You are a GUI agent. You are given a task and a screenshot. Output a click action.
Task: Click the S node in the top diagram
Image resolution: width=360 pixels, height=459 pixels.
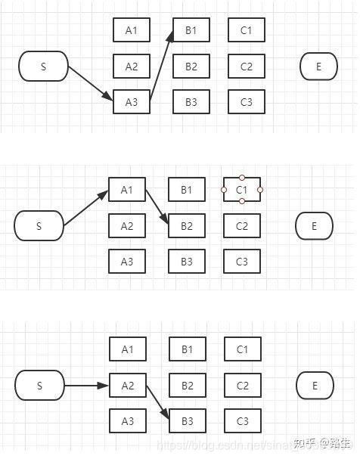point(43,67)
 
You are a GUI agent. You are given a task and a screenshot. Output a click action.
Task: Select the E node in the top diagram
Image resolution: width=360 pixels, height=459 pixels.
point(318,67)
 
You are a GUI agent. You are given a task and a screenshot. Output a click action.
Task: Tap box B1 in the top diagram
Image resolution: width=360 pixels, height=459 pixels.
point(191,30)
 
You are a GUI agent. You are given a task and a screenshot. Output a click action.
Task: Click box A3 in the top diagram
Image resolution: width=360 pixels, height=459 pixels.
point(132,102)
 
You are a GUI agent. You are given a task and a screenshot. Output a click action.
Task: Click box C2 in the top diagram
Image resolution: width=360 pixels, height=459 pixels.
point(246,67)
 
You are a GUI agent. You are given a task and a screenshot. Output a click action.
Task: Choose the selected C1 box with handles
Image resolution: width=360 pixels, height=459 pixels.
point(242,189)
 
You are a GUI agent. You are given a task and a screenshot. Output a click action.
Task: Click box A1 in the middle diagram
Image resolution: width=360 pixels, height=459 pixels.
point(127,189)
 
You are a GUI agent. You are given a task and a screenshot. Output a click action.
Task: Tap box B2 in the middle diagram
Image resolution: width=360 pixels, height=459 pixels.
point(187,225)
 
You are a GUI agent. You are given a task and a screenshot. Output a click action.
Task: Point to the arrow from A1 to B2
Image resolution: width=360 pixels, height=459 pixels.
point(157,207)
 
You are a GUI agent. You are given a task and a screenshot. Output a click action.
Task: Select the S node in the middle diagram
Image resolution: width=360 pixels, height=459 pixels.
point(39,225)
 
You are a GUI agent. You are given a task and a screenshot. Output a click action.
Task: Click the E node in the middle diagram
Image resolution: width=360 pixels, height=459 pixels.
point(314,225)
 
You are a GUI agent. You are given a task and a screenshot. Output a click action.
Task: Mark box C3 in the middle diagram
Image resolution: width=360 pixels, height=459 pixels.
point(242,262)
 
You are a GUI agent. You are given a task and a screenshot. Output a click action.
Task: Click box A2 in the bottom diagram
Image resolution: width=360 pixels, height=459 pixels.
point(128,386)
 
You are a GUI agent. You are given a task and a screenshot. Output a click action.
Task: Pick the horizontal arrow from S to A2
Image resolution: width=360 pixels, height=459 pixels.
point(86,386)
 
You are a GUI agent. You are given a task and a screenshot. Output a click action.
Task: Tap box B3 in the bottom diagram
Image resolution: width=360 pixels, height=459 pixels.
point(188,421)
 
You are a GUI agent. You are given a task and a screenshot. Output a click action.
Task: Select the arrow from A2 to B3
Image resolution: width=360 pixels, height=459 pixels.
point(158,404)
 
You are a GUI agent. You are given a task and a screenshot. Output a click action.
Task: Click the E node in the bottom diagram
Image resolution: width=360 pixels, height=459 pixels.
point(315,386)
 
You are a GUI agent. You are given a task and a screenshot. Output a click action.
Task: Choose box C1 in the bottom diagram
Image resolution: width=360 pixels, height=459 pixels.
point(243,349)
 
